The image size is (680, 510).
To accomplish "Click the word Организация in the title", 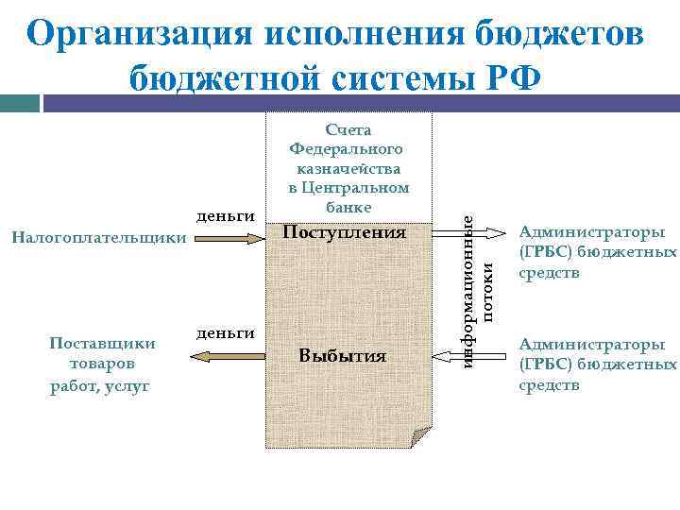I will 140,34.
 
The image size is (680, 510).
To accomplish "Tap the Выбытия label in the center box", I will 342,355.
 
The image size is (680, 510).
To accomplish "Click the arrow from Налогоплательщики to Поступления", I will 227,239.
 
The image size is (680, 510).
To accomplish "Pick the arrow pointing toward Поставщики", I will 227,355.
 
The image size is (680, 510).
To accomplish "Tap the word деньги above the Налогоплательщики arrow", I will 226,216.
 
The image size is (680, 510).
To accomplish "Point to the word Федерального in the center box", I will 346,149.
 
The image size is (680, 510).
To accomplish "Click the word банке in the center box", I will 348,206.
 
